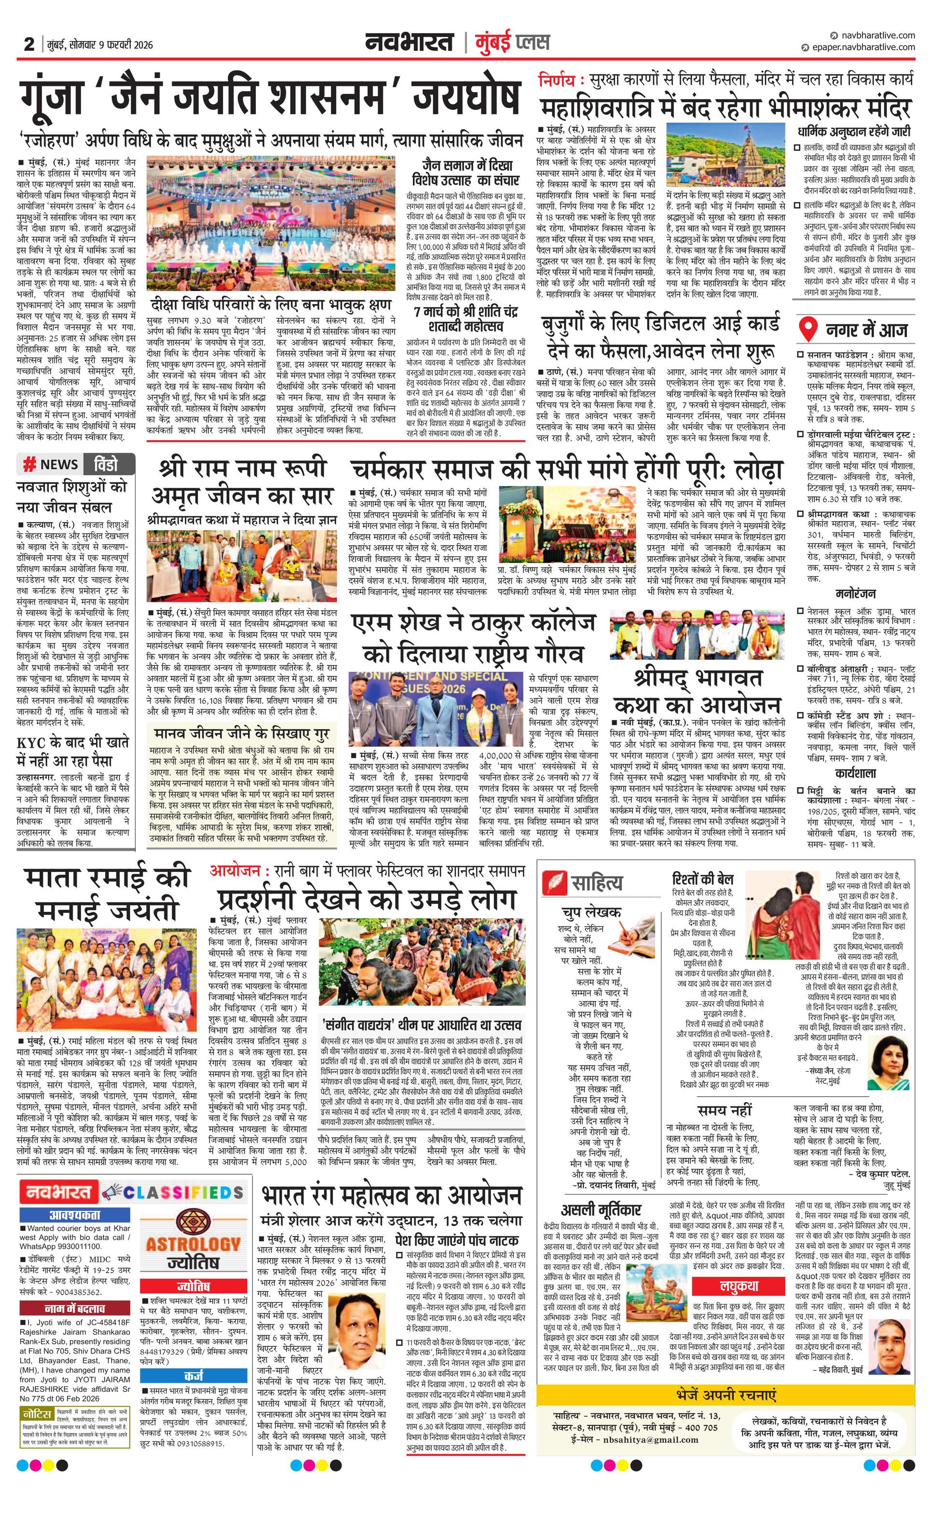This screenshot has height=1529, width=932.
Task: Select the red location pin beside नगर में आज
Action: point(807,329)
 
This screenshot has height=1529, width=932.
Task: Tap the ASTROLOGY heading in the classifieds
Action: point(193,1244)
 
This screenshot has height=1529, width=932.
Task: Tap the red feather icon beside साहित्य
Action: point(553,882)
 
